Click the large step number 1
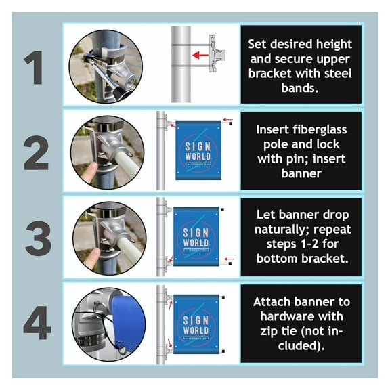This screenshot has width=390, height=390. click(x=35, y=66)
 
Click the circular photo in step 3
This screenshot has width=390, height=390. click(x=106, y=236)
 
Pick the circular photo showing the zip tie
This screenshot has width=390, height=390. click(x=106, y=322)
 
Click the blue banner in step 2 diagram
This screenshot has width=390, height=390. click(x=198, y=150)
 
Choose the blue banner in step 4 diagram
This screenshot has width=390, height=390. click(x=196, y=324)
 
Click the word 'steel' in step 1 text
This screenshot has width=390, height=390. click(x=339, y=71)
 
